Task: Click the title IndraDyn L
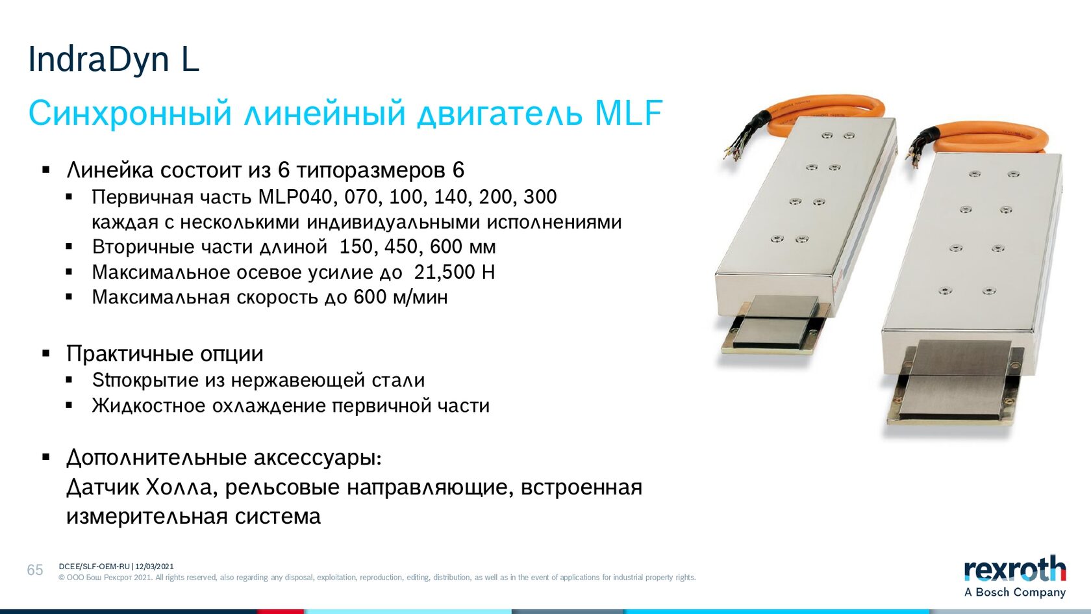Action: click(x=114, y=59)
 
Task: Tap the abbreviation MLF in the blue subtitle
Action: click(x=629, y=113)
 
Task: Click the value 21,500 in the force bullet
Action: click(x=444, y=272)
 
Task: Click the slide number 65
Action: click(x=35, y=570)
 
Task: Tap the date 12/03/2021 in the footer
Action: click(x=155, y=567)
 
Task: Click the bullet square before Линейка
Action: click(x=46, y=170)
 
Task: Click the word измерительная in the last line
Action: click(x=147, y=517)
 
